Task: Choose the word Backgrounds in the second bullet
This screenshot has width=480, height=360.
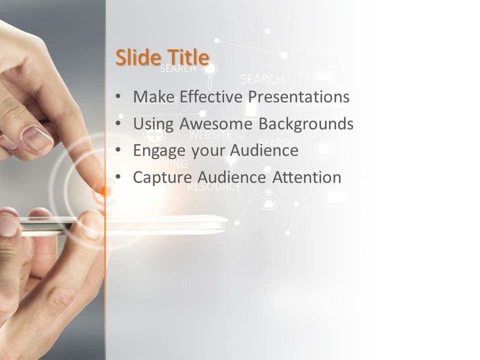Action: (x=306, y=123)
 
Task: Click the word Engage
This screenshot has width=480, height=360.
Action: (x=159, y=150)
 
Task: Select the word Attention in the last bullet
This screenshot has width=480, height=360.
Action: (x=307, y=177)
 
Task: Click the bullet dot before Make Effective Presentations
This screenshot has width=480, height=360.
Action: (x=117, y=96)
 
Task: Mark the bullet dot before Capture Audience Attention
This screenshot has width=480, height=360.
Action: (x=117, y=177)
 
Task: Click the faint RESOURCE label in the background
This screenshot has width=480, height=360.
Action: (x=214, y=188)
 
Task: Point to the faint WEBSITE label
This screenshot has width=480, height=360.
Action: (x=210, y=135)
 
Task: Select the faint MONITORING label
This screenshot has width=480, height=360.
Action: (x=154, y=163)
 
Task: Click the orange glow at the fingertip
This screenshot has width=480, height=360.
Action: (x=104, y=190)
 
